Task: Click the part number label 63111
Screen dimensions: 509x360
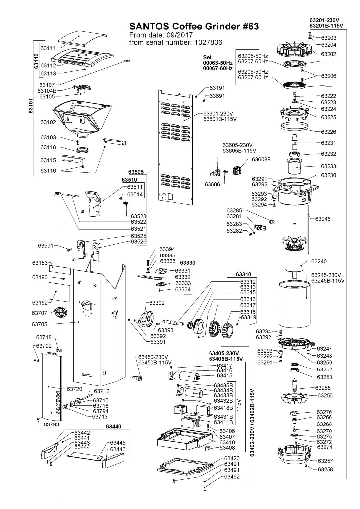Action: click(48, 48)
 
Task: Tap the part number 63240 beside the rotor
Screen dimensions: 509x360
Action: click(319, 261)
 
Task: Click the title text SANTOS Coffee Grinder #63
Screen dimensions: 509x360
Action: click(194, 27)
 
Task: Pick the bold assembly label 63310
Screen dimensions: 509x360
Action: click(243, 274)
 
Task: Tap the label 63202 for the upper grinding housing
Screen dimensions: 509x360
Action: click(329, 54)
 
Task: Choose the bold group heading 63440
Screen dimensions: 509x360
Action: click(113, 427)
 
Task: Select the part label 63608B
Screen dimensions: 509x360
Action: click(261, 159)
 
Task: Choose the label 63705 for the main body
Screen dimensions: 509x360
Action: click(40, 324)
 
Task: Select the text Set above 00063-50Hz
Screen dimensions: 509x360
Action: click(207, 57)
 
